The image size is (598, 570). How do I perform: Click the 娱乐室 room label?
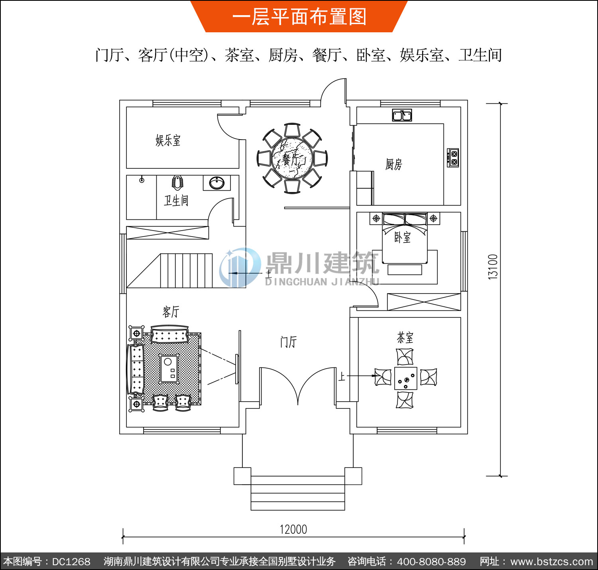168,140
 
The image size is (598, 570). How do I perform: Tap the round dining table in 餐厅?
292,158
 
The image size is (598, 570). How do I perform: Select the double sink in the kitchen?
402,115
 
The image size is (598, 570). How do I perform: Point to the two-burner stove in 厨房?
453,158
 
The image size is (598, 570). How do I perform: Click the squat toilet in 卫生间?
178,183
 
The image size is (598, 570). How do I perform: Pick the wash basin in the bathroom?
217,183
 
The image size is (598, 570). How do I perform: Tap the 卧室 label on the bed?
402,237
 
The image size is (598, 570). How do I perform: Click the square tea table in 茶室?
406,378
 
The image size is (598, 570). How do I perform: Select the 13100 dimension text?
493,267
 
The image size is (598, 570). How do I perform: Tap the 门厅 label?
288,342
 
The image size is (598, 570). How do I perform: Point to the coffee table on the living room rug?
169,368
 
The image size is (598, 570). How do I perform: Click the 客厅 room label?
171,312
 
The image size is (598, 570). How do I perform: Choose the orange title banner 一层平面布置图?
299,16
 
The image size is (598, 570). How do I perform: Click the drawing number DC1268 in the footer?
71,562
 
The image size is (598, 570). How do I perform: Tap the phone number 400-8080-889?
431,562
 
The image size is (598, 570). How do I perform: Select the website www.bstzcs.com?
551,562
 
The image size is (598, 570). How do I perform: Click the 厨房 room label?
394,165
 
